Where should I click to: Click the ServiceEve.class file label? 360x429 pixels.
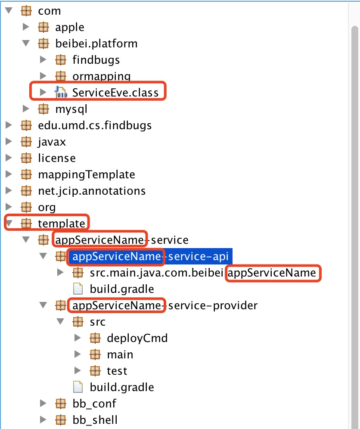(x=115, y=93)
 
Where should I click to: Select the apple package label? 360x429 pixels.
(x=69, y=28)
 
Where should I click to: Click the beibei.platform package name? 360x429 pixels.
(x=96, y=44)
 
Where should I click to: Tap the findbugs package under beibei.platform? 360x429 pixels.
(x=96, y=60)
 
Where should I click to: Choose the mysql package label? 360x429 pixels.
(x=71, y=109)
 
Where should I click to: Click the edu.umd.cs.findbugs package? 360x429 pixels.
(x=95, y=126)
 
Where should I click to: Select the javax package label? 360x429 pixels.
(x=52, y=142)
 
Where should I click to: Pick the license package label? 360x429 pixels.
(x=57, y=158)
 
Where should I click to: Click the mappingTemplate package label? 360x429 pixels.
(x=87, y=174)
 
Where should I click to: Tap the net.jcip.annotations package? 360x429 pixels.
(x=92, y=191)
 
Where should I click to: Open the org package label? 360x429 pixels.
(x=47, y=207)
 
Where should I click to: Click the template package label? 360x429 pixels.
(x=62, y=224)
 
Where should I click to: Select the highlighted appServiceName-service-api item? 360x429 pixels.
(x=150, y=256)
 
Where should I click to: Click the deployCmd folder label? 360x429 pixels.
(x=137, y=338)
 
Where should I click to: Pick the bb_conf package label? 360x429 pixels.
(x=94, y=404)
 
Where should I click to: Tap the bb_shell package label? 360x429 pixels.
(x=95, y=420)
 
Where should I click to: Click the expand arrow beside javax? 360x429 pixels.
(x=9, y=141)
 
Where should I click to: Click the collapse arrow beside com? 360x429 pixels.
(x=9, y=11)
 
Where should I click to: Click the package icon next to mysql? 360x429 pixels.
(x=43, y=109)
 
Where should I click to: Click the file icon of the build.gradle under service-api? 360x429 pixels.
(x=78, y=289)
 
